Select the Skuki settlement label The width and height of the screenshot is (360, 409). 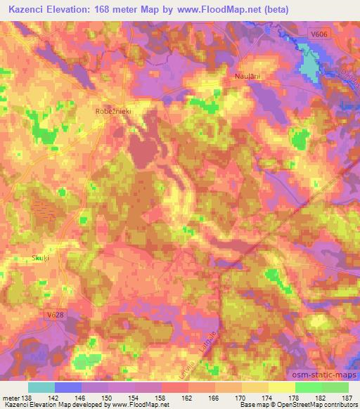(x=39, y=258)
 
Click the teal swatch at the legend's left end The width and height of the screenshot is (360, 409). (x=41, y=387)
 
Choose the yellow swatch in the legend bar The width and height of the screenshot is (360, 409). (x=281, y=387)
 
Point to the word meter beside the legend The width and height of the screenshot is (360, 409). (x=12, y=398)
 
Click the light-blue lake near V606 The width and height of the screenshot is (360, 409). (x=309, y=60)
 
